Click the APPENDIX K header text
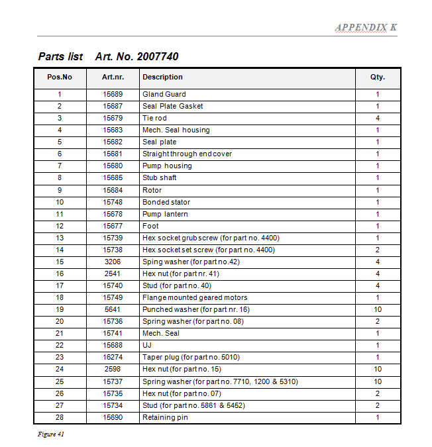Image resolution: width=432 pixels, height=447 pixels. (366, 27)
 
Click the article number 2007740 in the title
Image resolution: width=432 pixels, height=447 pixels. (157, 56)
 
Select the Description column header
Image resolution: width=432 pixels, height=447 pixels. (162, 77)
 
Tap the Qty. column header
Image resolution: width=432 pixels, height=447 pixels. (378, 77)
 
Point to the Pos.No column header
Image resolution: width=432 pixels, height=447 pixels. (60, 77)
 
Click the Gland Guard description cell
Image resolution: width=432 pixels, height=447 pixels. (164, 94)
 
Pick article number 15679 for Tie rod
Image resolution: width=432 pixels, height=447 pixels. (113, 118)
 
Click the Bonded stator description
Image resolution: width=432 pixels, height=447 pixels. (166, 202)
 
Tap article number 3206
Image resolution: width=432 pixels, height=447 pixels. (113, 262)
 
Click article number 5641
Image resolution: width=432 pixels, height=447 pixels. (113, 309)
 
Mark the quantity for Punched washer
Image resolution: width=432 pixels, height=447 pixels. (378, 309)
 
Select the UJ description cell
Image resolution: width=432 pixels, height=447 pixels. (147, 345)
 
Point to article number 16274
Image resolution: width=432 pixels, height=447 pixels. (113, 357)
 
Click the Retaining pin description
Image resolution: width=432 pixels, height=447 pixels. (165, 417)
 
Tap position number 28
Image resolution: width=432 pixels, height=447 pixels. (60, 417)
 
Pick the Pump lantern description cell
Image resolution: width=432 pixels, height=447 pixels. (165, 214)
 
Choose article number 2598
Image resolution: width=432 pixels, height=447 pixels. (113, 369)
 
